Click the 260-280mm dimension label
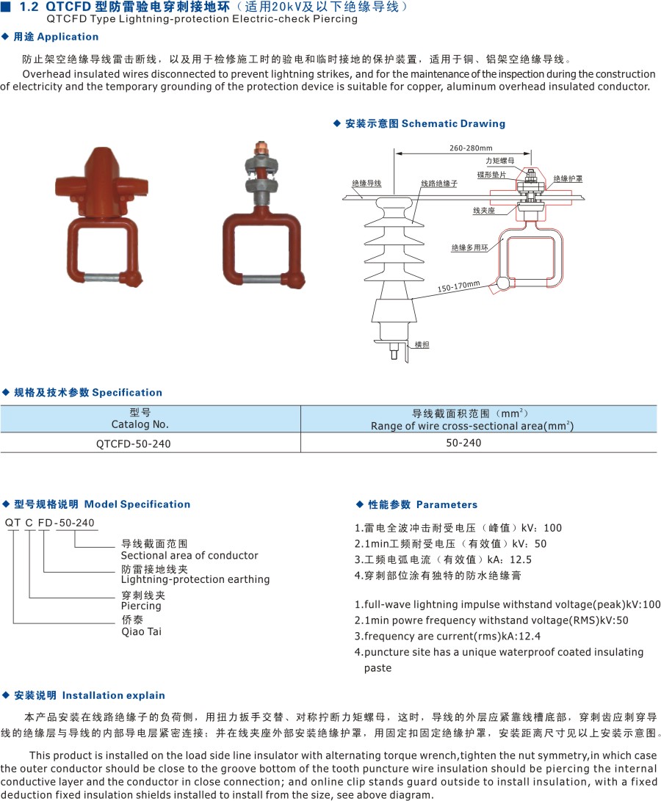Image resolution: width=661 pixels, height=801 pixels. point(471,148)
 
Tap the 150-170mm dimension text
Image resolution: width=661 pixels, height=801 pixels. point(458,286)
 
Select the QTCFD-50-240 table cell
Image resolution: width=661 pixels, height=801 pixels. point(134,443)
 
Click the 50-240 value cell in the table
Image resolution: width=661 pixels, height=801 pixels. point(463,443)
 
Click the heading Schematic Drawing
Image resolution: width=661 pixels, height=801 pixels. point(453,123)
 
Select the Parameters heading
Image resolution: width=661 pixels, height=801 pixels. point(447,504)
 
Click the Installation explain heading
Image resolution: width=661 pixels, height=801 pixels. point(114,695)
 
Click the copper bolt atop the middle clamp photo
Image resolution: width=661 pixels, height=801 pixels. point(261,148)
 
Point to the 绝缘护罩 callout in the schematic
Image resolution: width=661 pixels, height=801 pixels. point(568,179)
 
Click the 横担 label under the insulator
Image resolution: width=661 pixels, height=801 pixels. point(422,345)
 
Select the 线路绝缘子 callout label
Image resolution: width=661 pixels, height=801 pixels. point(439,184)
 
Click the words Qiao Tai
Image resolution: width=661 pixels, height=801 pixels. point(141,632)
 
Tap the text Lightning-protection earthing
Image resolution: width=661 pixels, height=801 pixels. point(195,579)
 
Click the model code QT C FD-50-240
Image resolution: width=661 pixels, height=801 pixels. point(50,523)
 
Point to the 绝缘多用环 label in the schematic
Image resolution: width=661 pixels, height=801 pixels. point(469,247)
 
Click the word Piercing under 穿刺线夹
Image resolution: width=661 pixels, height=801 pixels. point(141,606)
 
